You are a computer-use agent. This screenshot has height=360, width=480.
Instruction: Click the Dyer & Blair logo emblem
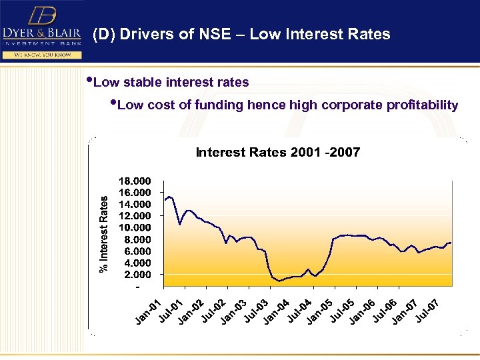pyautogui.click(x=42, y=15)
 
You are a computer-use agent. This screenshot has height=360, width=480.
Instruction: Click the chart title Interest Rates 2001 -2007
pyautogui.click(x=277, y=153)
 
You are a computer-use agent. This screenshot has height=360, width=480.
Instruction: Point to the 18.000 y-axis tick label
pyautogui.click(x=135, y=181)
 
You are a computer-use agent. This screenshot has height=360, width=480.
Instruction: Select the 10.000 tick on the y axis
pyautogui.click(x=135, y=227)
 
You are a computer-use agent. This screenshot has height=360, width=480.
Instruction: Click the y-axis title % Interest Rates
pyautogui.click(x=104, y=233)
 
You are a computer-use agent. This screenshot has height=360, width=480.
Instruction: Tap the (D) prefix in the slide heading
pyautogui.click(x=103, y=34)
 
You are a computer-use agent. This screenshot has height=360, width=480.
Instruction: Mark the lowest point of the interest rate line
pyautogui.click(x=280, y=281)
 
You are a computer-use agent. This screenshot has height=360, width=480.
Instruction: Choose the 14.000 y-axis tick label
pyautogui.click(x=135, y=204)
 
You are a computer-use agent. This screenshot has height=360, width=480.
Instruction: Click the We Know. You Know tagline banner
pyautogui.click(x=41, y=54)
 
